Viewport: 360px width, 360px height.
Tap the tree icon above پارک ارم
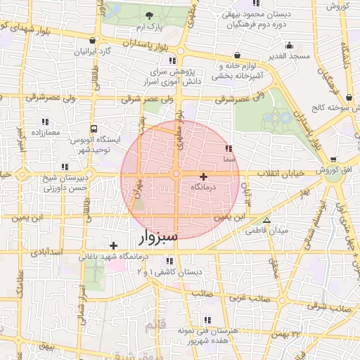coord(148,15)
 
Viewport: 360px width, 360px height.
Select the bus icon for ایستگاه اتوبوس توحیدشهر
coord(94,129)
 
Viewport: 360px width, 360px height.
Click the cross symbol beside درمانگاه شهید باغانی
coord(114,245)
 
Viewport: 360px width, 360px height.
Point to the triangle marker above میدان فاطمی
coord(266,220)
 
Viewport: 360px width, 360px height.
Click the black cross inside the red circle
coord(204,176)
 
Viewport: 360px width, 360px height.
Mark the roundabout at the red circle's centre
coord(179,174)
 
